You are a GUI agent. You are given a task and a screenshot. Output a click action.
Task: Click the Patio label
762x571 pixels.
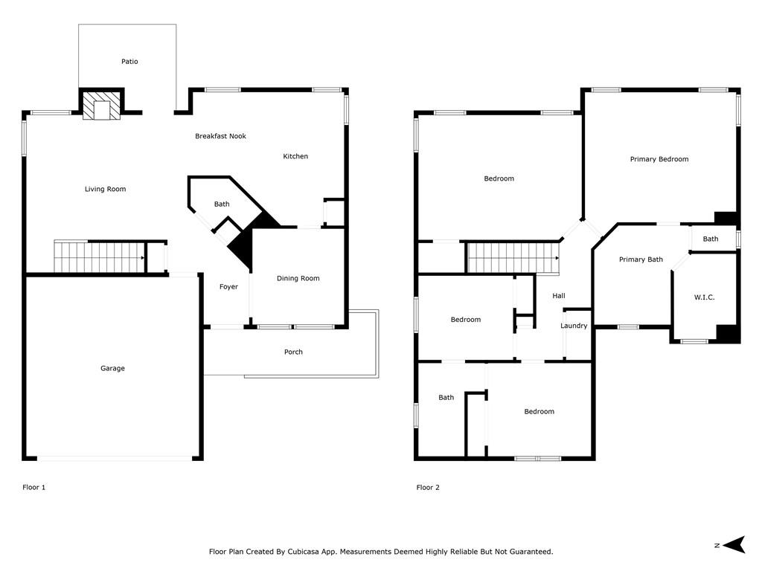[x=129, y=62]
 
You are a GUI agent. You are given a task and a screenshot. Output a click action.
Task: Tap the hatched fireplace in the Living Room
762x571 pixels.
[x=101, y=106]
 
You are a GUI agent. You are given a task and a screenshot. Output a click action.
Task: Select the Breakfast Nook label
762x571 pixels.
[x=220, y=137]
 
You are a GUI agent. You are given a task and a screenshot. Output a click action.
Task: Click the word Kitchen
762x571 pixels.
[x=295, y=156]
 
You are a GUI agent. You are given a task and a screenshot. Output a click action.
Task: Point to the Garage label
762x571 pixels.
[x=113, y=369]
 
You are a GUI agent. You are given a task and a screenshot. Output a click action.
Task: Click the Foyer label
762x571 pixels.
[x=229, y=287]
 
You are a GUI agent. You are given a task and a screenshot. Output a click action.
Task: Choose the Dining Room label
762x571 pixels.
[x=298, y=279]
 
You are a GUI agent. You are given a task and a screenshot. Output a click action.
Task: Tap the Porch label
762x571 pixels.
[x=293, y=352]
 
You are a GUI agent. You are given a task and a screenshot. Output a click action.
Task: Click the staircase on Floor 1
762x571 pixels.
[x=100, y=257]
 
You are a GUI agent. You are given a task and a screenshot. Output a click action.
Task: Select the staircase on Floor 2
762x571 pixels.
[x=513, y=258]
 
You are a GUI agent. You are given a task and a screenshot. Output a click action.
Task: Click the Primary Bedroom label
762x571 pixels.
[x=659, y=159]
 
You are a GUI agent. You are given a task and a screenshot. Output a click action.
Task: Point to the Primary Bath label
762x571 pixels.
[x=641, y=259]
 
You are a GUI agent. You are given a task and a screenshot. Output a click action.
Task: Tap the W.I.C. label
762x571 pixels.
[x=705, y=297]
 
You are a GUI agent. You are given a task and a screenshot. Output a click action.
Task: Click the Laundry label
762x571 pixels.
[x=574, y=326]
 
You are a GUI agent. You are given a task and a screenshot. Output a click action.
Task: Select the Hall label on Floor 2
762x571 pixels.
[x=559, y=296]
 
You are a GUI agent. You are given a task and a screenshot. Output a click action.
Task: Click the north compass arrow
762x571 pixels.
[x=734, y=545]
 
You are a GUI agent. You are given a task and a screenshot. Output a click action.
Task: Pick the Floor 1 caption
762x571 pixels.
[x=34, y=488]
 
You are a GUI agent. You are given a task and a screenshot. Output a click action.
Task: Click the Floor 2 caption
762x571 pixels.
[x=428, y=488]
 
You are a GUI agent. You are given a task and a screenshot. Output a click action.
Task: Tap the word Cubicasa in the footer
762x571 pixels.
[x=306, y=552]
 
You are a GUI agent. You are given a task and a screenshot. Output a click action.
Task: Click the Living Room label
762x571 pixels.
[x=106, y=190]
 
